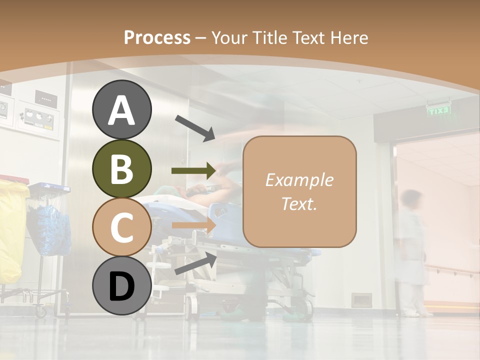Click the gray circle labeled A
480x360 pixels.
[x=121, y=110]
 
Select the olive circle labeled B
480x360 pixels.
[x=121, y=169]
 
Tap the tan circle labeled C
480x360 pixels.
[x=121, y=227]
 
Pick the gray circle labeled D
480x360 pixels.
[x=121, y=286]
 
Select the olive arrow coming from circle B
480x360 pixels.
[x=193, y=171]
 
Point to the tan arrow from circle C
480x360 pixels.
[x=193, y=226]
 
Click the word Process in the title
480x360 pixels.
[x=157, y=37]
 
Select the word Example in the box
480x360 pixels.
[x=299, y=180]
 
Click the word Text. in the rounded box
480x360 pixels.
[x=299, y=203]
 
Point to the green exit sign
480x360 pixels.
[x=439, y=111]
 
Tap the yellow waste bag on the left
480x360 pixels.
[x=12, y=230]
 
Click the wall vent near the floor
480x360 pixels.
[x=361, y=300]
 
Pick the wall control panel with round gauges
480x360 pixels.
[x=38, y=116]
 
